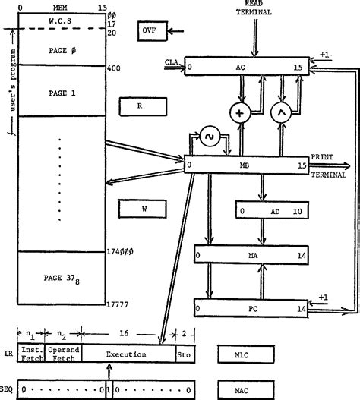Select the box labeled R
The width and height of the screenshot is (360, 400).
(x=140, y=106)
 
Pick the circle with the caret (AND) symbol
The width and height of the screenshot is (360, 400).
(x=283, y=113)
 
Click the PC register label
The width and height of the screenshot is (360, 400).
(x=253, y=309)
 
